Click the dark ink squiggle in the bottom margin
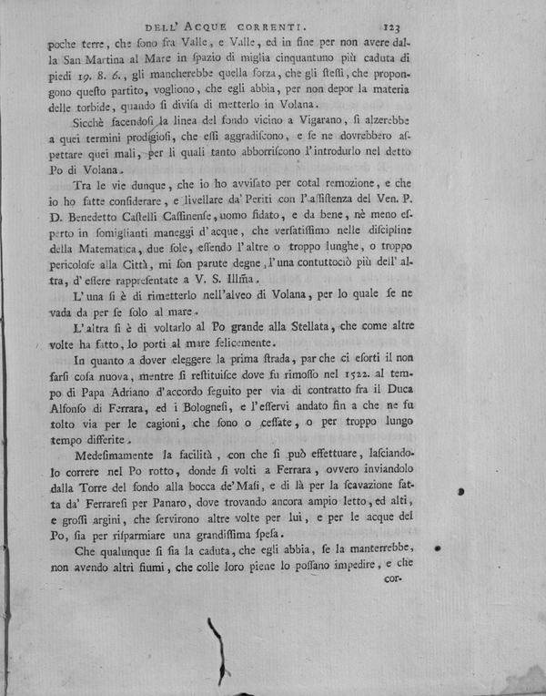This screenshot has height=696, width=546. click(x=219, y=648)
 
